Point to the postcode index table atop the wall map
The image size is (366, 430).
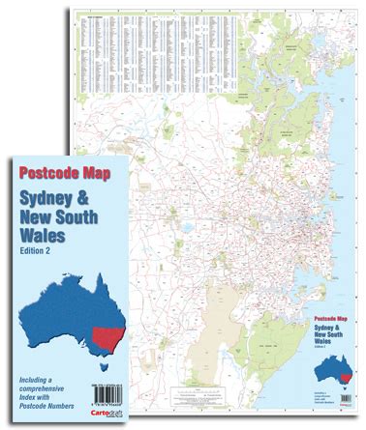click(x=156, y=52)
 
